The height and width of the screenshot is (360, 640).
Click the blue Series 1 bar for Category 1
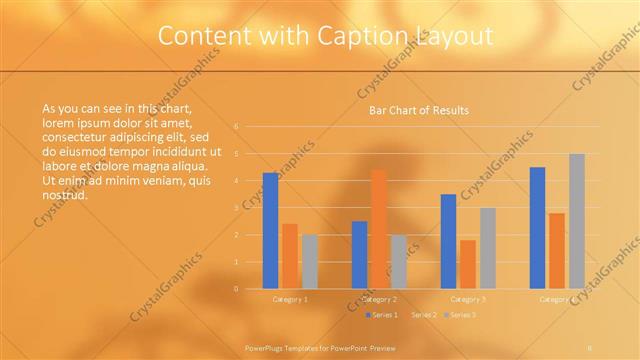[x=270, y=231]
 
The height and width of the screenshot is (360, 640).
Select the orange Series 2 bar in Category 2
[x=379, y=229]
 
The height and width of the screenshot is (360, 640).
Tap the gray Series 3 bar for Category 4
[x=577, y=221]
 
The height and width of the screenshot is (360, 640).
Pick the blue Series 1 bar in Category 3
[x=448, y=241]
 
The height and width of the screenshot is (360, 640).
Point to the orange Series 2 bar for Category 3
[x=468, y=264]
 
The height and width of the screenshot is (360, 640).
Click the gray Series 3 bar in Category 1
[x=310, y=262]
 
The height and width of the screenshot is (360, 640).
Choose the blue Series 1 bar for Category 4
[x=537, y=228]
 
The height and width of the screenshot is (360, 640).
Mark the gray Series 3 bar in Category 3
[x=487, y=248]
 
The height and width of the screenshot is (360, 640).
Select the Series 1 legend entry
[x=383, y=315]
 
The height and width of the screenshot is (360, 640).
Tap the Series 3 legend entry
[x=460, y=315]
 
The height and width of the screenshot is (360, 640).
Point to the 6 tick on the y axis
[x=236, y=127]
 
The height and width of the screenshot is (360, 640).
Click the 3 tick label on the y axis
[x=236, y=208]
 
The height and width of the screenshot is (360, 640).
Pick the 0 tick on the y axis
[x=236, y=289]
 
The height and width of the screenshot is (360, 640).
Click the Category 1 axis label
[x=290, y=299]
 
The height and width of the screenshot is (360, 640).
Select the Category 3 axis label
[x=468, y=299]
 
